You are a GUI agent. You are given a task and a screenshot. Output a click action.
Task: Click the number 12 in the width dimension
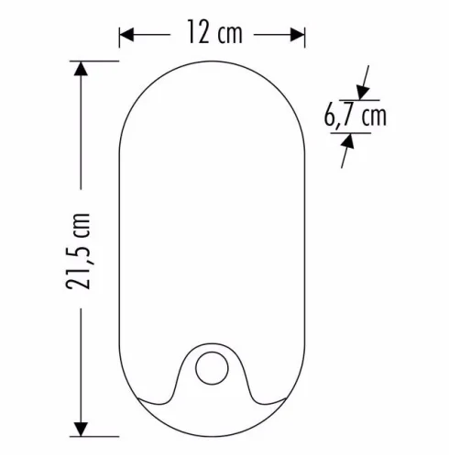point(195,35)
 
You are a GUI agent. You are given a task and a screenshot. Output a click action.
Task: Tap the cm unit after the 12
point(232,35)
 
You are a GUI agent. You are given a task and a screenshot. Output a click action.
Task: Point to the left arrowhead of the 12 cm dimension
point(126,35)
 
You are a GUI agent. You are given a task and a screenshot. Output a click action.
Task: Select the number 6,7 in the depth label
point(340,117)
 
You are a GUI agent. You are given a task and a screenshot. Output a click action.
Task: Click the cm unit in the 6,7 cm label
point(373,117)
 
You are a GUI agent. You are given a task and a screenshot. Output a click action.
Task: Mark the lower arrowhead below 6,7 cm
point(349,141)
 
